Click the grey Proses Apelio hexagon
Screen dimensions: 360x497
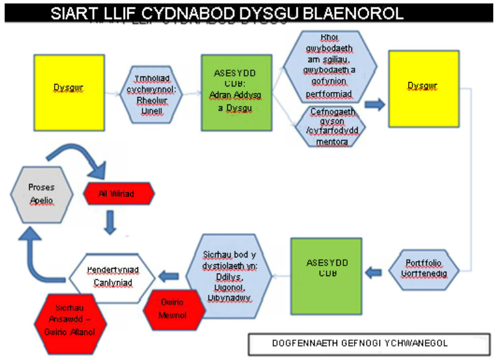[41, 193]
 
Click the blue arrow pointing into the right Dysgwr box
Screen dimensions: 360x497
[374, 104]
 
